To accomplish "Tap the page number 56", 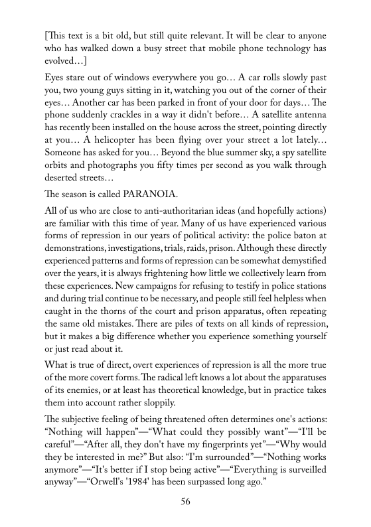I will [186, 501].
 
